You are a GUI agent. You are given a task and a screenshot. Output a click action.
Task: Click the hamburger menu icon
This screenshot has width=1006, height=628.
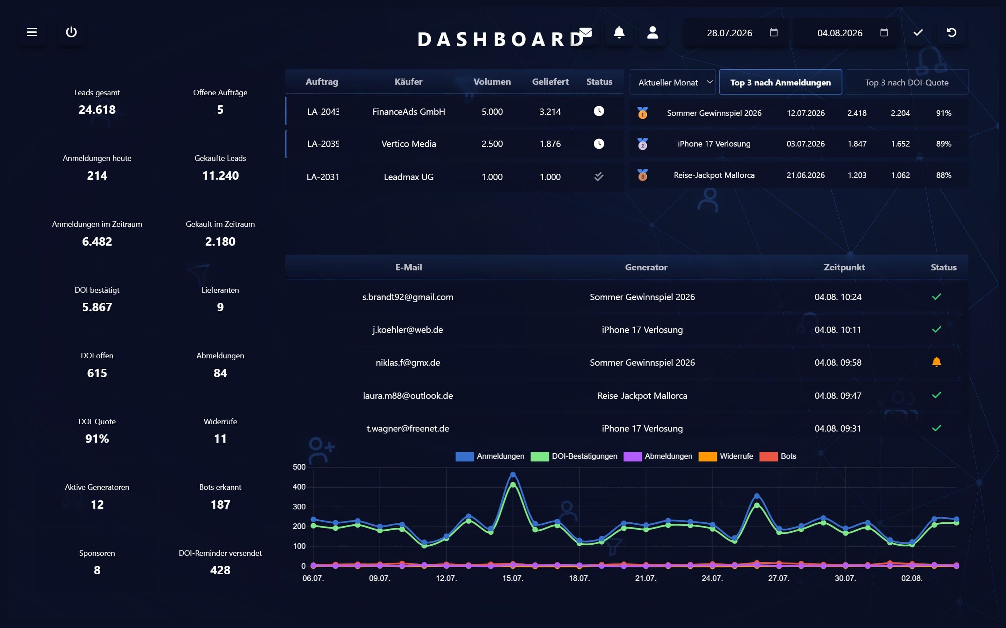tap(32, 32)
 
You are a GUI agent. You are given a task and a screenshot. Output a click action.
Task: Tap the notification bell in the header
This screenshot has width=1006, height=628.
tap(619, 32)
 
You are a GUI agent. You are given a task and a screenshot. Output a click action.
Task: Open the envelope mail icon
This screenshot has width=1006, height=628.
tap(585, 32)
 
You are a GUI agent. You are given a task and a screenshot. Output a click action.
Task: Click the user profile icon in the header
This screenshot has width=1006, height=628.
tap(653, 32)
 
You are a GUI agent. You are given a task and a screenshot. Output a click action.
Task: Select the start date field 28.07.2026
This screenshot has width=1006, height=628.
tap(730, 33)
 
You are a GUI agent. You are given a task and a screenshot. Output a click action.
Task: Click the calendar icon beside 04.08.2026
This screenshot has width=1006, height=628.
tap(884, 32)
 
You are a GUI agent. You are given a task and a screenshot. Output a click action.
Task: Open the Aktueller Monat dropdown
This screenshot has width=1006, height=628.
tap(673, 82)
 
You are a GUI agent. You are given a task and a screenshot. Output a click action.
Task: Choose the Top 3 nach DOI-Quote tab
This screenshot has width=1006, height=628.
tap(907, 82)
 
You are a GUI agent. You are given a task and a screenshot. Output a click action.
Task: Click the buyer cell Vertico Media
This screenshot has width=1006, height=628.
tap(409, 144)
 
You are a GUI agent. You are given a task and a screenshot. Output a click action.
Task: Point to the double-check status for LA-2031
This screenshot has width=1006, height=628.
tap(599, 177)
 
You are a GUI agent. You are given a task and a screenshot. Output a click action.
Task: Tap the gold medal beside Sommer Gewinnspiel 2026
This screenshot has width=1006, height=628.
tap(643, 113)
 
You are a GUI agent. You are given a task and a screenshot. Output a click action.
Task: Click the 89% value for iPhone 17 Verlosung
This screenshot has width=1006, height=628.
tap(943, 144)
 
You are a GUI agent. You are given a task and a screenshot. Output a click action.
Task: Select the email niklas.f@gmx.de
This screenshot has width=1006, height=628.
tap(408, 362)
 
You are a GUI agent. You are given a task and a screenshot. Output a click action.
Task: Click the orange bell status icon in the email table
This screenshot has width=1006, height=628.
tap(936, 362)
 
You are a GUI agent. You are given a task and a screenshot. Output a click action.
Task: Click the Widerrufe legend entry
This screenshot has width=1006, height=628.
tap(726, 456)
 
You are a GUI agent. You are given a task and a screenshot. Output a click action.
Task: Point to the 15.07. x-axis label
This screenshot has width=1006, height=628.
tap(512, 578)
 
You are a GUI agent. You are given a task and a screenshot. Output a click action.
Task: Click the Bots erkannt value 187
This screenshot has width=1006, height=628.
tap(220, 504)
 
